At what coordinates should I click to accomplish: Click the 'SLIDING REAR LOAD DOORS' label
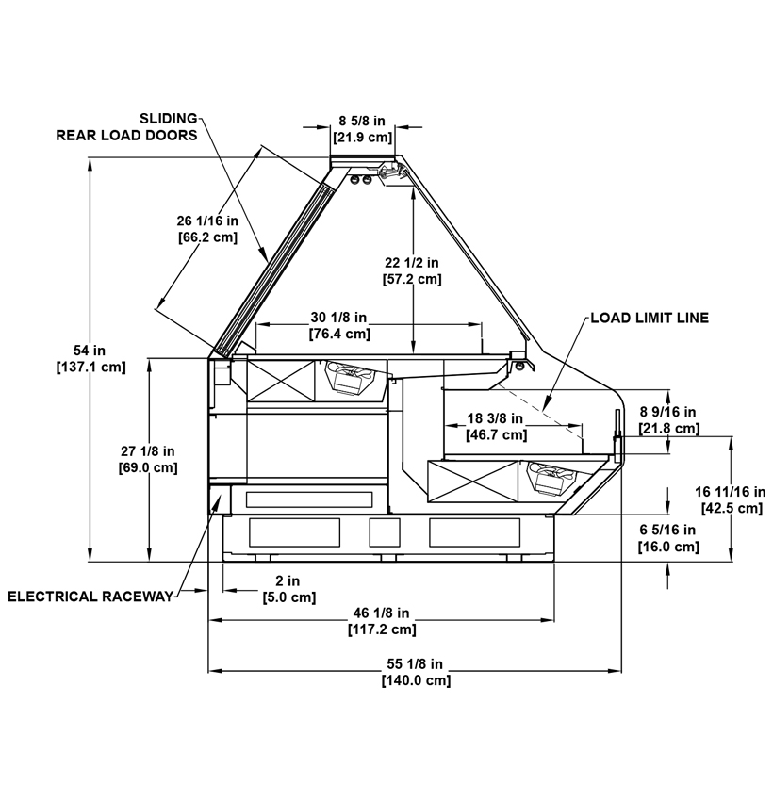tap(126, 126)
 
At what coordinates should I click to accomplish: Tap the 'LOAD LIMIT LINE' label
tap(650, 318)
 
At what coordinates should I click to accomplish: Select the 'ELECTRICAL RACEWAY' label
tap(90, 597)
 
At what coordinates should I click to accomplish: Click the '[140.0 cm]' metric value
tap(416, 680)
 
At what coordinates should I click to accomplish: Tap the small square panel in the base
tap(385, 532)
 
